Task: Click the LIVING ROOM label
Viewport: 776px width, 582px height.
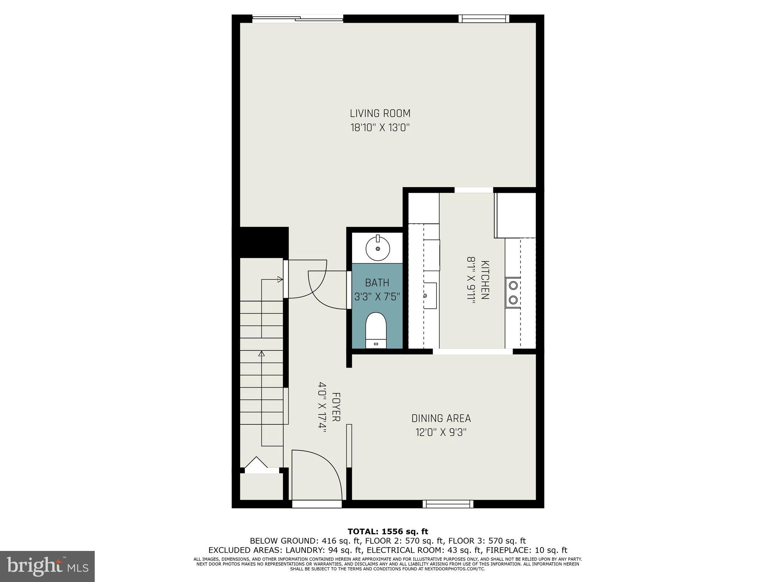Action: point(380,113)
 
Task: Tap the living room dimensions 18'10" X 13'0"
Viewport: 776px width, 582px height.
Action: point(380,128)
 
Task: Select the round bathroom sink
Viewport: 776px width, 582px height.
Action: point(377,249)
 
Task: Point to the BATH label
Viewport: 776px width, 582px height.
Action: point(377,283)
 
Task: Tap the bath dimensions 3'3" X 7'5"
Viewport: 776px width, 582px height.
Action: point(377,297)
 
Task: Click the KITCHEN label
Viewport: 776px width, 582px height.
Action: point(485,280)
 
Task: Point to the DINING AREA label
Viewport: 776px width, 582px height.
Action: point(441,418)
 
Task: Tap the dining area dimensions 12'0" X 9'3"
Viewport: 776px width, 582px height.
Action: point(441,432)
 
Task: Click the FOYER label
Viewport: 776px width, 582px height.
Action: point(336,407)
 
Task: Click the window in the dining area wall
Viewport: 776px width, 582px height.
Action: point(448,504)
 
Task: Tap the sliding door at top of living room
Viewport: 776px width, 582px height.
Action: point(298,18)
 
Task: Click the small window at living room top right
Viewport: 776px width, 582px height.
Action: point(483,19)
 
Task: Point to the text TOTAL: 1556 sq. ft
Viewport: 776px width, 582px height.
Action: point(388,532)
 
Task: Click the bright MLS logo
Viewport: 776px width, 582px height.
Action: point(47,566)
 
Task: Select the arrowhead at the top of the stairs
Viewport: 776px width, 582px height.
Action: point(280,280)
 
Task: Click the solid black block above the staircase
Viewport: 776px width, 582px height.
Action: point(260,242)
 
